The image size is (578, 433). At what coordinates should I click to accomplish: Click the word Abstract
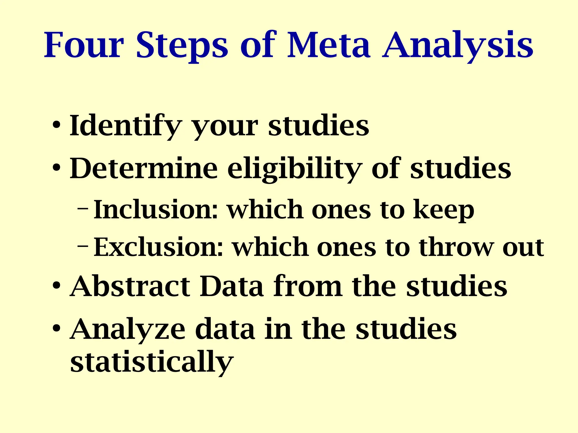point(130,286)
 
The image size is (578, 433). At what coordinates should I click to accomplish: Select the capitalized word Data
point(231,286)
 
